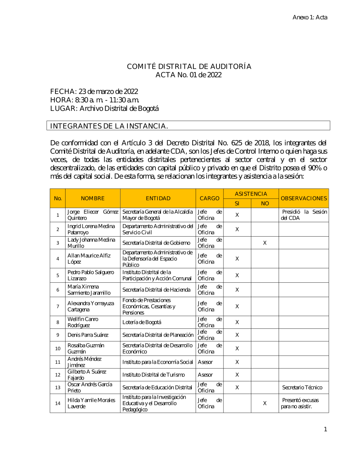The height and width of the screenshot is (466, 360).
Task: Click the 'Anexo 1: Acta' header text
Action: tap(310, 17)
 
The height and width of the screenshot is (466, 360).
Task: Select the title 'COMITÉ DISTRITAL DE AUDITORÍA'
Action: tap(189, 66)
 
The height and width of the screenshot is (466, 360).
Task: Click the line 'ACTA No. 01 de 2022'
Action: tap(188, 75)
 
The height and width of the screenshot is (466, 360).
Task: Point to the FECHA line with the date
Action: tap(94, 91)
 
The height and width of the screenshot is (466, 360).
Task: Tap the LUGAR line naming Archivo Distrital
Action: tap(104, 108)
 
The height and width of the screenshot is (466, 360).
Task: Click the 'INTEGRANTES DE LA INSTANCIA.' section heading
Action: tap(109, 126)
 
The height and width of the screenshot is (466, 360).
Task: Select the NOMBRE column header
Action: tap(93, 198)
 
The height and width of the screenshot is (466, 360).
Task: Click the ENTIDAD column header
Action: tap(158, 198)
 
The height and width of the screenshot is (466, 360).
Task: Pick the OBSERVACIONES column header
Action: tap(304, 198)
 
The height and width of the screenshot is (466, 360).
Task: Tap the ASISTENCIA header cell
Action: tap(251, 194)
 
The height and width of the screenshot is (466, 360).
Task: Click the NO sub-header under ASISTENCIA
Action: tap(265, 203)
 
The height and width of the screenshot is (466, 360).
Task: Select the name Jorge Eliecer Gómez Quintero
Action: tap(93, 215)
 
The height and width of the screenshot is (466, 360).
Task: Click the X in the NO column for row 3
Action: tap(265, 243)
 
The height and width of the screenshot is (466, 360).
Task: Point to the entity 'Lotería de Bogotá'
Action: tap(142, 322)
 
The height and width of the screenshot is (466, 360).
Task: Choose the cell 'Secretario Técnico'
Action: tap(302, 387)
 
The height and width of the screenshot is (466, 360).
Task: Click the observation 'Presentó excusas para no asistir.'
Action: tap(300, 403)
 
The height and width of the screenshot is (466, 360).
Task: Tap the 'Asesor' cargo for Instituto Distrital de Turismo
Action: tap(205, 375)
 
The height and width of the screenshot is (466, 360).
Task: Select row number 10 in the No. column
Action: tap(58, 349)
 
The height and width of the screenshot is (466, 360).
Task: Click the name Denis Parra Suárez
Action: tap(88, 335)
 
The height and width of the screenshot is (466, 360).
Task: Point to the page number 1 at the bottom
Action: tap(325, 429)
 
